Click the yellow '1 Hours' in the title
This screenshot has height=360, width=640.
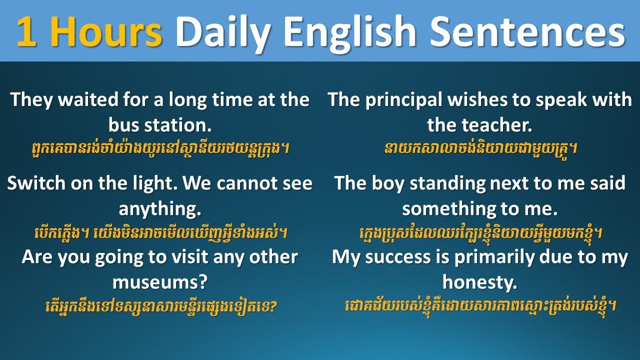(x=89, y=31)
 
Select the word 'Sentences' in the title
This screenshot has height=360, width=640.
(x=527, y=31)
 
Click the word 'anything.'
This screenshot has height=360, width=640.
(x=159, y=208)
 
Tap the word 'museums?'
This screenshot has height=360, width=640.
(x=159, y=282)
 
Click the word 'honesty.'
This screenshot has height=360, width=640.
(x=479, y=282)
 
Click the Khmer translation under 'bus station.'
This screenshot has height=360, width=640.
(x=159, y=148)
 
